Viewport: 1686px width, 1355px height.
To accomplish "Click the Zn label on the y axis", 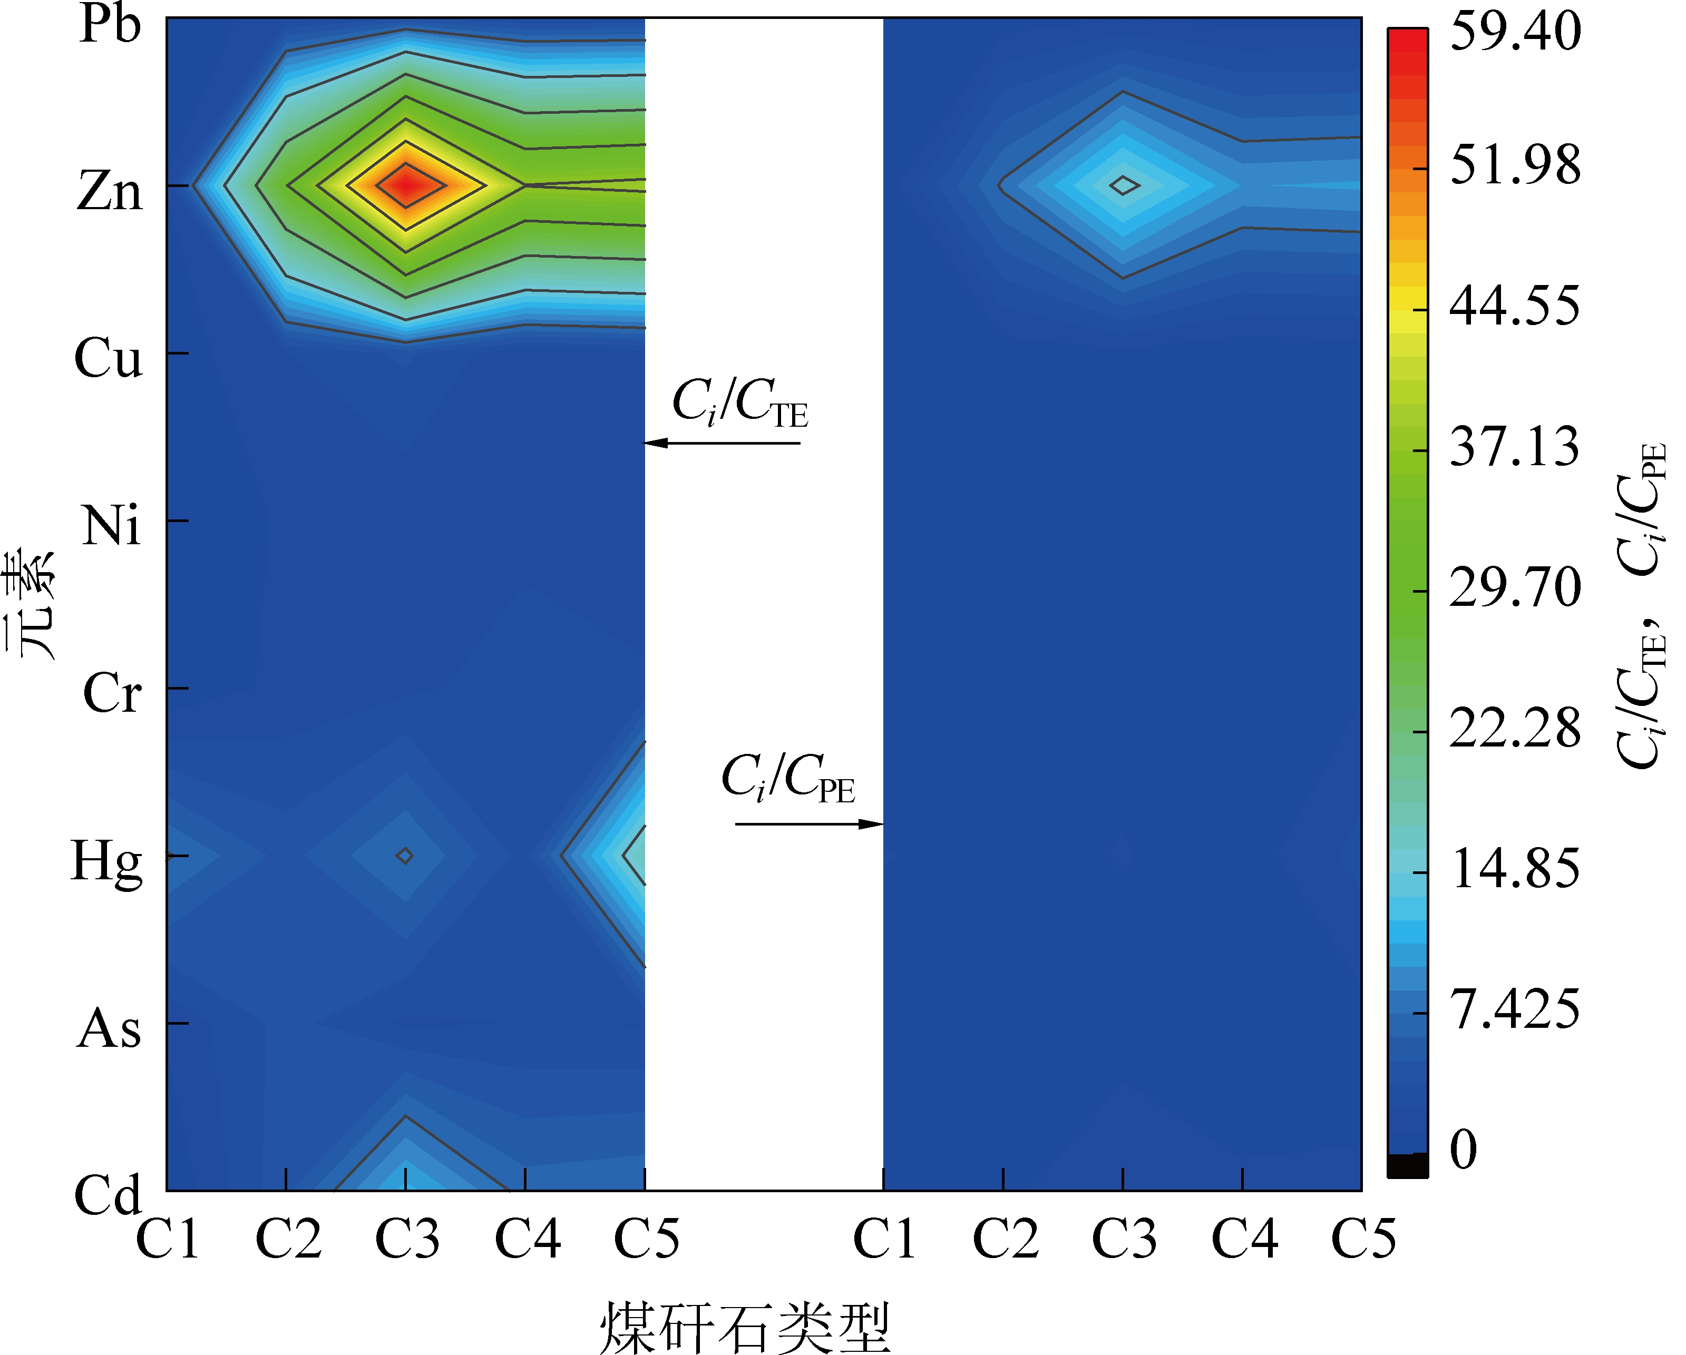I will point(110,191).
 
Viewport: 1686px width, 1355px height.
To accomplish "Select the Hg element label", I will point(106,862).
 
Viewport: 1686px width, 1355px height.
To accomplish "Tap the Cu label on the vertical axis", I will point(108,358).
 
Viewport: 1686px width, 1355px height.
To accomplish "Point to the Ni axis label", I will point(111,525).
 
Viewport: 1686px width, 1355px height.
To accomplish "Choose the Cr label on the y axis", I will point(111,693).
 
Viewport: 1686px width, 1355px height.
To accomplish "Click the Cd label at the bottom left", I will point(108,1195).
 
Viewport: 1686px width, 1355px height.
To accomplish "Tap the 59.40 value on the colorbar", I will point(1515,31).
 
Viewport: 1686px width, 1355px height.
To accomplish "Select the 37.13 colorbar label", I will point(1514,448).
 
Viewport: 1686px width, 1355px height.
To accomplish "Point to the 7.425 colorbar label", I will point(1514,1009).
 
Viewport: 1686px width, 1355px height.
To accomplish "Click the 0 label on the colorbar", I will point(1463,1150).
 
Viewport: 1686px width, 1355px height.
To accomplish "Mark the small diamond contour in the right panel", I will point(1124,185).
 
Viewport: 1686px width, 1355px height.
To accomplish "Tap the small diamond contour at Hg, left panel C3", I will point(404,856).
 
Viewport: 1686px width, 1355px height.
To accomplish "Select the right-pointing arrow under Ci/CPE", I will point(810,824).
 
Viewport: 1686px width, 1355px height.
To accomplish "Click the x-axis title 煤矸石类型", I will point(745,1328).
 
